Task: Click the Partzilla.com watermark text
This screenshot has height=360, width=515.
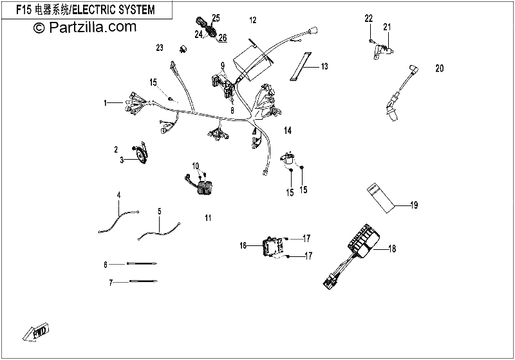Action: pyautogui.click(x=85, y=27)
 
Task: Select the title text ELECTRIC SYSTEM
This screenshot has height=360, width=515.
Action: pyautogui.click(x=113, y=10)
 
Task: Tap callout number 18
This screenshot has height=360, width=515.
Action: pyautogui.click(x=392, y=249)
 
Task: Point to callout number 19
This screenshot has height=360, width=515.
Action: pyautogui.click(x=414, y=205)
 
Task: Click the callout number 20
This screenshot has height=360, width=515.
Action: pyautogui.click(x=440, y=68)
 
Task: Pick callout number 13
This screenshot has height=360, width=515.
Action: pyautogui.click(x=324, y=66)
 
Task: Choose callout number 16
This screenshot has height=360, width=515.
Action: pyautogui.click(x=243, y=245)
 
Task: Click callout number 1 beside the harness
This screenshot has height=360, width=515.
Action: pyautogui.click(x=105, y=103)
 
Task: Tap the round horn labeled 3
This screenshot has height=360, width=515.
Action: pyautogui.click(x=142, y=153)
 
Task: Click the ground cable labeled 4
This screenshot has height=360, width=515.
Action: pyautogui.click(x=118, y=222)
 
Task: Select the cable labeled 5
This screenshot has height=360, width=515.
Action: pyautogui.click(x=159, y=232)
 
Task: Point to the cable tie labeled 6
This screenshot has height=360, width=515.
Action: pyautogui.click(x=142, y=263)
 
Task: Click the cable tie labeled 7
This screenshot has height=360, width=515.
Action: pyautogui.click(x=144, y=281)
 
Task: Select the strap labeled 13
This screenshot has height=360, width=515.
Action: pyautogui.click(x=301, y=66)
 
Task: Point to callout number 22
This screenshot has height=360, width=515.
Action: pyautogui.click(x=368, y=19)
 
